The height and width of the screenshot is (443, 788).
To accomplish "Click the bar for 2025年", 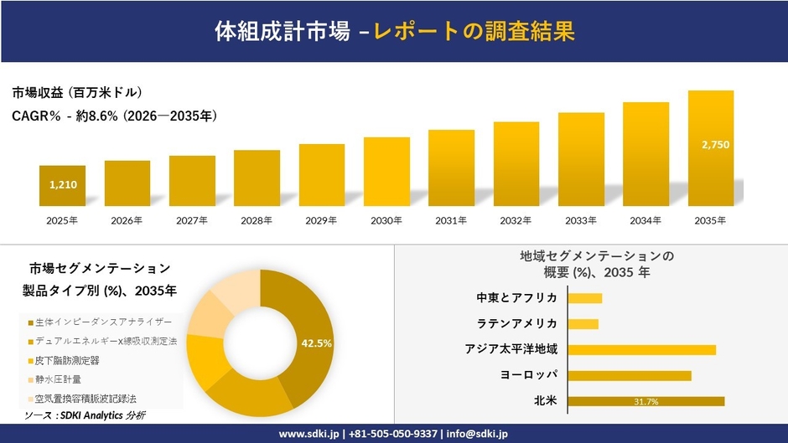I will click(x=62, y=186).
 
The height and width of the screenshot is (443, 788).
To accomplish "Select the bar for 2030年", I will click(x=386, y=172).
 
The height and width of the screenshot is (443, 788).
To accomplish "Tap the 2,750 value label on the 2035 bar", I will click(x=715, y=145).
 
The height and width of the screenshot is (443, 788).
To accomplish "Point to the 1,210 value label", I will click(x=63, y=184).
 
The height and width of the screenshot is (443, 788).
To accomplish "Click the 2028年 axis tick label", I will click(x=257, y=220).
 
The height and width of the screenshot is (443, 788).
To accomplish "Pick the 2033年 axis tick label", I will click(x=581, y=220).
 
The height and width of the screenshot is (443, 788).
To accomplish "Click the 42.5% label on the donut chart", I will click(x=317, y=343).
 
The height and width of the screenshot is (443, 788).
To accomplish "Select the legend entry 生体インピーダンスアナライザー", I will click(x=103, y=322).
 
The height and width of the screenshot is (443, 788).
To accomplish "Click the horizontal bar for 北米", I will click(x=646, y=401).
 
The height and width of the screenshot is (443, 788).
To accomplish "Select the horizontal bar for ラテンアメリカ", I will click(x=583, y=323).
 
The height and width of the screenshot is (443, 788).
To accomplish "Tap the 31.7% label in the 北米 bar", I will click(x=646, y=402).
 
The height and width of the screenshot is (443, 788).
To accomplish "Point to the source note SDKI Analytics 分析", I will click(x=84, y=415).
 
